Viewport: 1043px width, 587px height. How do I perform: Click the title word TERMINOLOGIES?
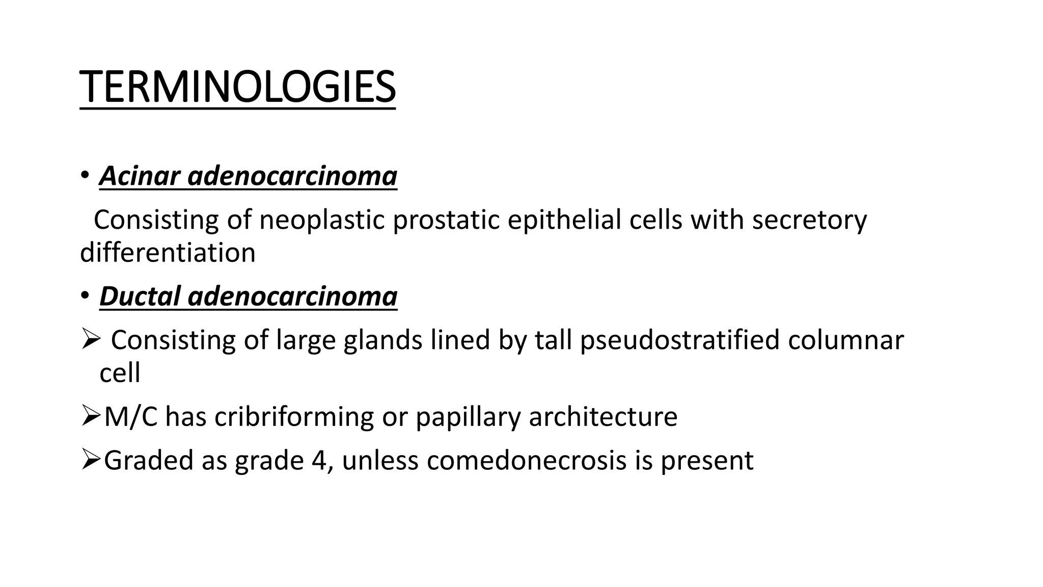tap(237, 87)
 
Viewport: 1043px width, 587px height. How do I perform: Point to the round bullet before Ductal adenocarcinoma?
tap(85, 296)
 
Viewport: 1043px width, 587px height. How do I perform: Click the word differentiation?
tap(168, 253)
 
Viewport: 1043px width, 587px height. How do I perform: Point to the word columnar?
tap(845, 340)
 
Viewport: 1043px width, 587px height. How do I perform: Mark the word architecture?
tap(603, 417)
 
